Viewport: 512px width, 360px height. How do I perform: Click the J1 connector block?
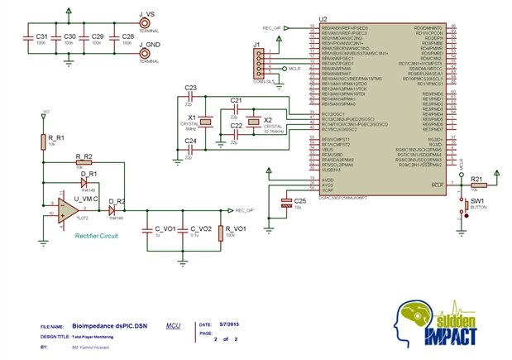click(x=260, y=61)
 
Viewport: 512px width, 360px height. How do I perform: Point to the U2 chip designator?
click(x=323, y=18)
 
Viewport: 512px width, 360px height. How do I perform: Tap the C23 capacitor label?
click(x=189, y=87)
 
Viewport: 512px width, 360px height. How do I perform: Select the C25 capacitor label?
click(x=300, y=200)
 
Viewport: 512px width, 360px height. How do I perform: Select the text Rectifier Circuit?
click(x=95, y=236)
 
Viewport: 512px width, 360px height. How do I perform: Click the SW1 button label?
click(x=477, y=201)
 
